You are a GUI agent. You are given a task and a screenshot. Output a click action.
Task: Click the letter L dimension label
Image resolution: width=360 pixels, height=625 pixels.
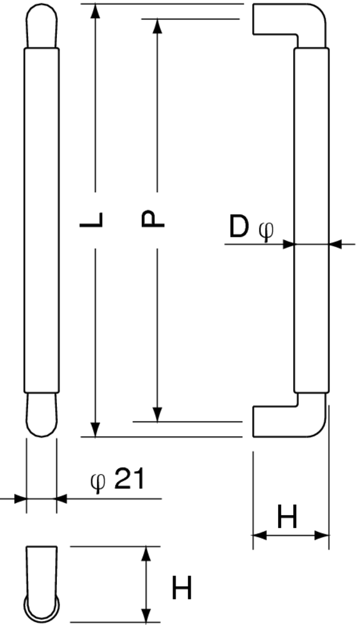(91, 219)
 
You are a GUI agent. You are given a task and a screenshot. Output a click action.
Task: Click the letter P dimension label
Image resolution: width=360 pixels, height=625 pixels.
(152, 219)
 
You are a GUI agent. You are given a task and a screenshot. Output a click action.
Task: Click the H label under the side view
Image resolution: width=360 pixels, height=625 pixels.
(287, 517)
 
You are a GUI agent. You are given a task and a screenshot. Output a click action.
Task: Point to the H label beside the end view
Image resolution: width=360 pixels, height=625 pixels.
(182, 588)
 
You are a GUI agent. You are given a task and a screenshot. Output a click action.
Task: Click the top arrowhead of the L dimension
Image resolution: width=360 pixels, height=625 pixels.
(95, 11)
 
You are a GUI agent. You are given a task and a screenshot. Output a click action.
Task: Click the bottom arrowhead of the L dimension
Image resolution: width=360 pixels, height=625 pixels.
(95, 430)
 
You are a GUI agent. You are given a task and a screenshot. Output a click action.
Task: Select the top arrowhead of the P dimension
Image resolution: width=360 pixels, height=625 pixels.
(157, 26)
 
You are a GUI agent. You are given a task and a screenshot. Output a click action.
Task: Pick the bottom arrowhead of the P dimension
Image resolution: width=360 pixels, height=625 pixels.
(157, 414)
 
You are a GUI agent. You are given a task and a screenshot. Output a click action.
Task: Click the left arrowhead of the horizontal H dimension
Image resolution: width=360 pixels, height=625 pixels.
(259, 536)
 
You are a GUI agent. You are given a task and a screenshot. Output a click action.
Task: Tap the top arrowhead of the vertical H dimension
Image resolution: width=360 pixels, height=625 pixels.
(147, 554)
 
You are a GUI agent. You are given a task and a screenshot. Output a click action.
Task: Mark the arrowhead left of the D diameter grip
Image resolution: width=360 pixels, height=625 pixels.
(288, 244)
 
